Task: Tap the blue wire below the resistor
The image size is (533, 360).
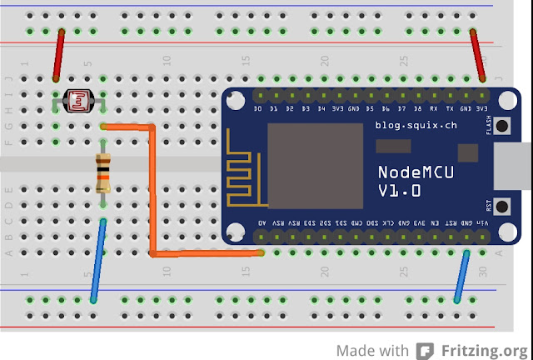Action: [x=97, y=260]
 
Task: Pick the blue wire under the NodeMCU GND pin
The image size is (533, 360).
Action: [x=461, y=275]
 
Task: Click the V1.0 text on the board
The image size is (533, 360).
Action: [x=399, y=191]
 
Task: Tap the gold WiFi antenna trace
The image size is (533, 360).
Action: [x=244, y=176]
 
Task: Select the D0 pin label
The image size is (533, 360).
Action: [x=258, y=109]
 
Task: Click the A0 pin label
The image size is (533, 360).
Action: [x=262, y=223]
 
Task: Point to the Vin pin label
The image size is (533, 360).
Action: [x=484, y=223]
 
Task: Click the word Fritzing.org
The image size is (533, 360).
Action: [x=485, y=350]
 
